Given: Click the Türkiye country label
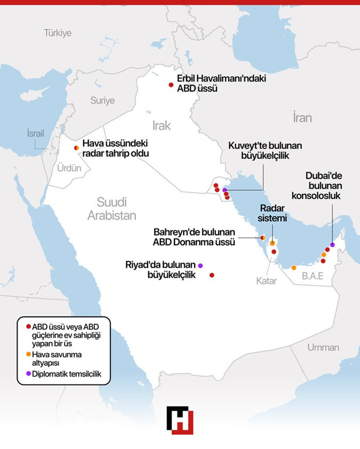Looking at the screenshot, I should pyautogui.click(x=58, y=33).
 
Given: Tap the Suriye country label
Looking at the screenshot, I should pyautogui.click(x=102, y=100).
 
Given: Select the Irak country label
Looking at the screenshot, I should pyautogui.click(x=161, y=125).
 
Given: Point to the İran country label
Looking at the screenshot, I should pyautogui.click(x=302, y=117).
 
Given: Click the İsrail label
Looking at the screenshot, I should pyautogui.click(x=36, y=133).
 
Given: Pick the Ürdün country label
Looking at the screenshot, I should pyautogui.click(x=69, y=168).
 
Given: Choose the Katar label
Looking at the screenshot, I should pyautogui.click(x=266, y=281).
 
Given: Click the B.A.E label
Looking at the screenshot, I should pyautogui.click(x=312, y=276).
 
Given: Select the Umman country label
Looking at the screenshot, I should pyautogui.click(x=323, y=348).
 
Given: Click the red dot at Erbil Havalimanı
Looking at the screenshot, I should pyautogui.click(x=171, y=85).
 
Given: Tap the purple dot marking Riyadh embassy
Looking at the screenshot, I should pyautogui.click(x=201, y=265).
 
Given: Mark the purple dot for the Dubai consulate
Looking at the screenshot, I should pyautogui.click(x=332, y=244).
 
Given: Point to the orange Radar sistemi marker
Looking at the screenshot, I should pyautogui.click(x=272, y=243).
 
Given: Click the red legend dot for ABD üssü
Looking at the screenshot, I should pyautogui.click(x=29, y=327).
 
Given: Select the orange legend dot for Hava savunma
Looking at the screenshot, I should pyautogui.click(x=29, y=354).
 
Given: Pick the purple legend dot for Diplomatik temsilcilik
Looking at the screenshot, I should pyautogui.click(x=29, y=373).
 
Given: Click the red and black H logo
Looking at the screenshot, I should pyautogui.click(x=180, y=420).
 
